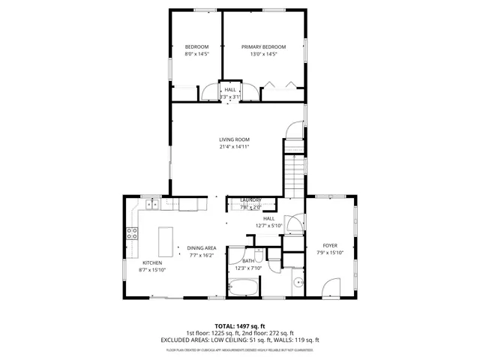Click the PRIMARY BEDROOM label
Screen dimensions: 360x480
click(263, 46)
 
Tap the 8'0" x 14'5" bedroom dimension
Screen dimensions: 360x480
click(196, 54)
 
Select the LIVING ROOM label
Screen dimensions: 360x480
click(234, 139)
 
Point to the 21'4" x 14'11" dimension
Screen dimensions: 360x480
click(234, 147)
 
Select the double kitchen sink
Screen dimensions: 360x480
click(151, 202)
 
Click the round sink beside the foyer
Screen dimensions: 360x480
click(298, 283)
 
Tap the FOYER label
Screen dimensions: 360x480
click(330, 245)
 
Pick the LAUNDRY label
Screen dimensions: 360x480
click(250, 199)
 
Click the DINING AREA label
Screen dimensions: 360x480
click(201, 247)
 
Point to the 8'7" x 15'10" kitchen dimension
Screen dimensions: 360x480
click(153, 270)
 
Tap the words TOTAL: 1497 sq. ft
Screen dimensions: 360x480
click(239, 325)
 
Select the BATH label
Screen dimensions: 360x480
click(247, 261)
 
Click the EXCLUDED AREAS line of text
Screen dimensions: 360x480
click(239, 340)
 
